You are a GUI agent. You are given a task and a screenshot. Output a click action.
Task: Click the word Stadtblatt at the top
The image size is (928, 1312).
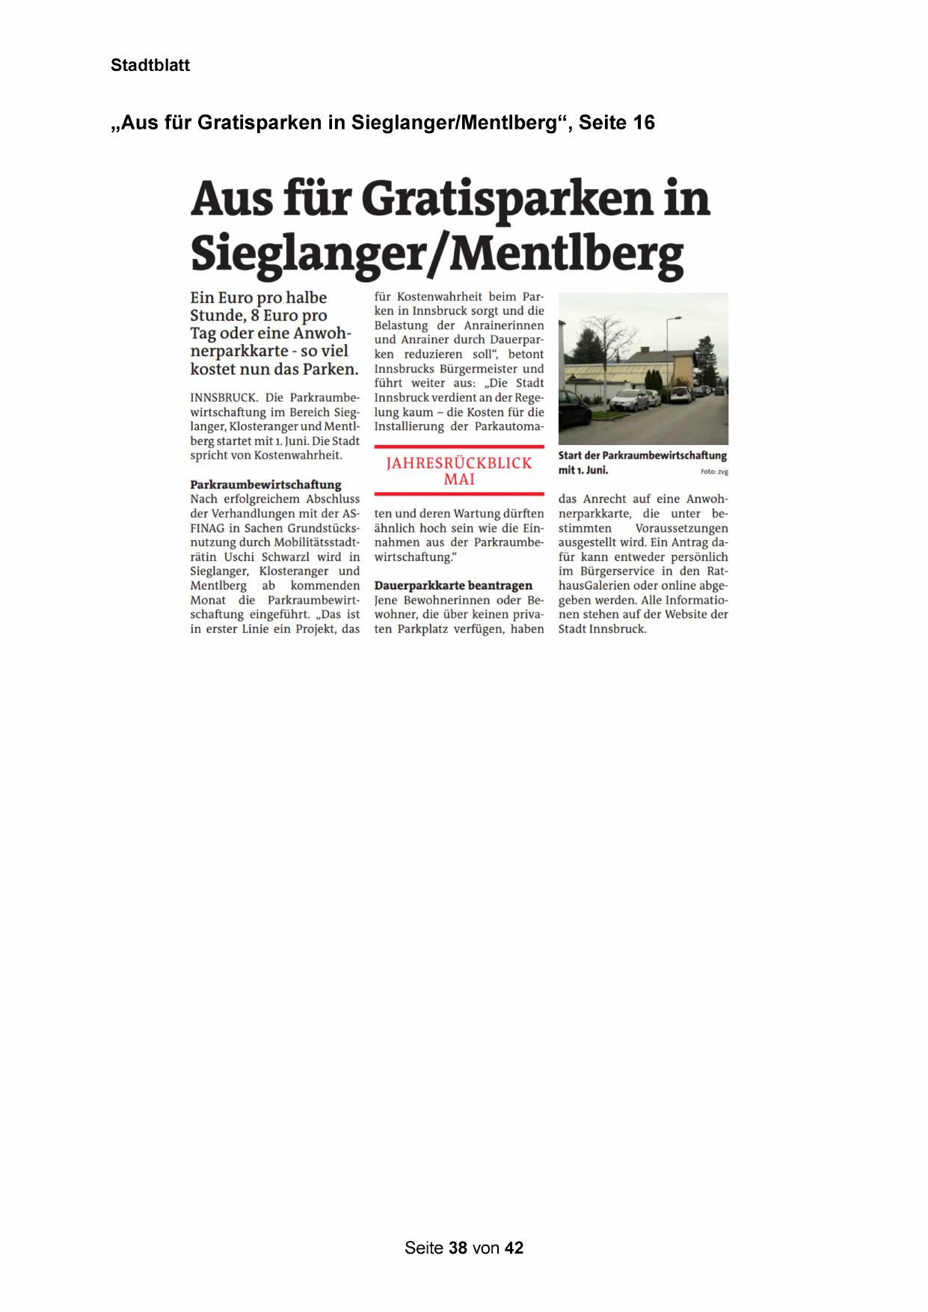[x=150, y=65]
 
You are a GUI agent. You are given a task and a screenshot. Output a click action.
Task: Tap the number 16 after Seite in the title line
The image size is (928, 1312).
[x=644, y=123]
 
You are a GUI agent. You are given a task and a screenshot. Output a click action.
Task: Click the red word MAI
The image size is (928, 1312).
[x=459, y=479]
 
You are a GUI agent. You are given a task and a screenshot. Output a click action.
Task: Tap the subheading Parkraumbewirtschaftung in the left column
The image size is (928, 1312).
[x=265, y=484]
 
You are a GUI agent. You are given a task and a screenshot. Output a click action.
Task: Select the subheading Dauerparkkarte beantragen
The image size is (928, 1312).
[x=453, y=586]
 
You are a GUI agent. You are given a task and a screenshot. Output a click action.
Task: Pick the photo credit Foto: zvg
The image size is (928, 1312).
[x=714, y=471]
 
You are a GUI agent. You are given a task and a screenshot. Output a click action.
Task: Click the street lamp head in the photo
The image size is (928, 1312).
[x=677, y=318]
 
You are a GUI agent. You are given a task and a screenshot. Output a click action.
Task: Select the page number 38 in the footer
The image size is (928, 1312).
[x=458, y=1248]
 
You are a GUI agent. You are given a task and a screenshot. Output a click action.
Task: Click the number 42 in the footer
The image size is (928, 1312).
[x=514, y=1248]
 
